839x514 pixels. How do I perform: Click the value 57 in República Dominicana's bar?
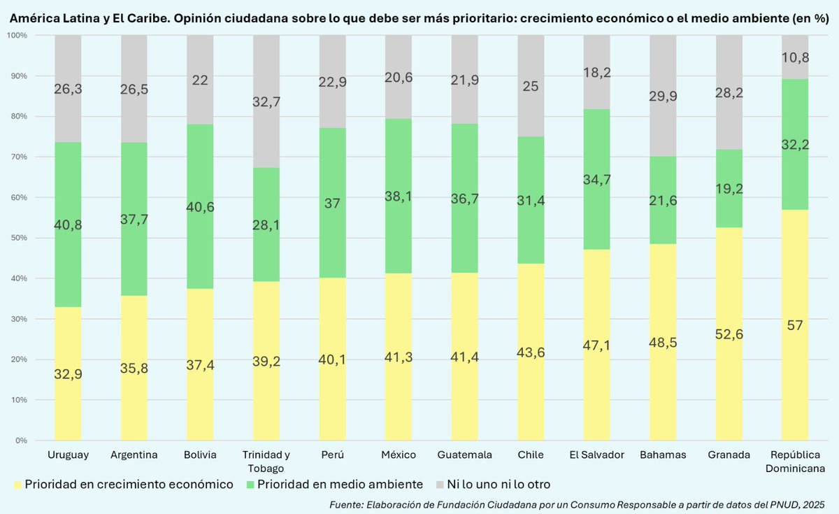[795, 325]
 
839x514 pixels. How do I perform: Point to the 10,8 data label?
[795, 57]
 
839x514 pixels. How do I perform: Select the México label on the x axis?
[399, 455]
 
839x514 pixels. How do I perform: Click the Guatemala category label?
[464, 455]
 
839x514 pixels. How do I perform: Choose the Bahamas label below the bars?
[663, 455]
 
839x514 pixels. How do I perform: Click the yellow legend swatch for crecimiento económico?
[17, 484]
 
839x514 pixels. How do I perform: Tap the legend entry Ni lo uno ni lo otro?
[498, 484]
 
